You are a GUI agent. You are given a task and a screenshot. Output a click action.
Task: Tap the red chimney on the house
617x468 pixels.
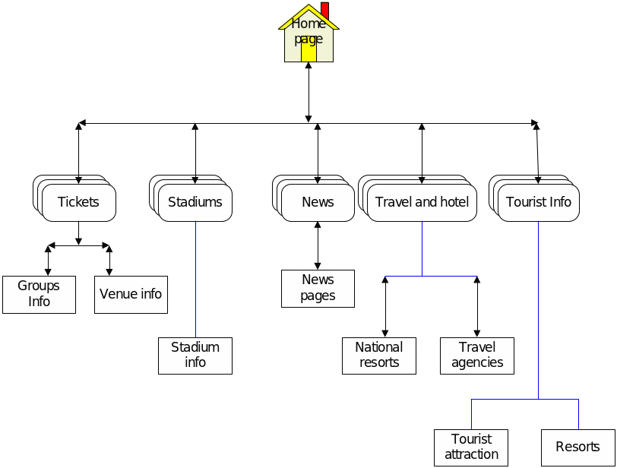coord(325,10)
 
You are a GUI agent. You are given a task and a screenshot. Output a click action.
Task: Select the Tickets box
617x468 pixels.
coord(79,202)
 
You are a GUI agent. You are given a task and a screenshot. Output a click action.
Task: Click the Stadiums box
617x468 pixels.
coord(195,202)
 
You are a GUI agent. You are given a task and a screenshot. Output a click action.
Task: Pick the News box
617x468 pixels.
coord(318,202)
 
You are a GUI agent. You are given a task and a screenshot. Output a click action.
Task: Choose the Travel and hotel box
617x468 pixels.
coord(422,202)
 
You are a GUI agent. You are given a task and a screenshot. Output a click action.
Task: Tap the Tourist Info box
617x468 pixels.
coord(539,202)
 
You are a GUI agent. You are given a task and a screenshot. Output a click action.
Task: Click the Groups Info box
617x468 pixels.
coord(39,294)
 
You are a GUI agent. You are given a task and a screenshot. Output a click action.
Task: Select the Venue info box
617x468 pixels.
coord(131,294)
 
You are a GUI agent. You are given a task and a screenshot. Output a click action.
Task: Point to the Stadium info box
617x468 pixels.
coord(195,356)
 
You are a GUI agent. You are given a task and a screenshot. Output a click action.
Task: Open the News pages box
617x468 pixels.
coord(318,289)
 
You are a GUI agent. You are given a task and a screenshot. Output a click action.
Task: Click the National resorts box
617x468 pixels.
coord(379,356)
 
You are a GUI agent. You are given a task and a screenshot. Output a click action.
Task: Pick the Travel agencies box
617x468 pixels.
coord(477,356)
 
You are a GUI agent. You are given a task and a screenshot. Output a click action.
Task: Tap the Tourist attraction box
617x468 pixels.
coord(471,447)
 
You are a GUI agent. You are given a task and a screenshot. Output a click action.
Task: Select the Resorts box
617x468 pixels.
coord(577,447)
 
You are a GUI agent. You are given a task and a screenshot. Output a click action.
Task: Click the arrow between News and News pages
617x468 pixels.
coord(318,245)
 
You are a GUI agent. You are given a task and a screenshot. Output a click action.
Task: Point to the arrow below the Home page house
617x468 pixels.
coord(308,92)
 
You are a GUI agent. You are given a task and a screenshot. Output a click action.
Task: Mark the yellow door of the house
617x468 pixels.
coord(308,51)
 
